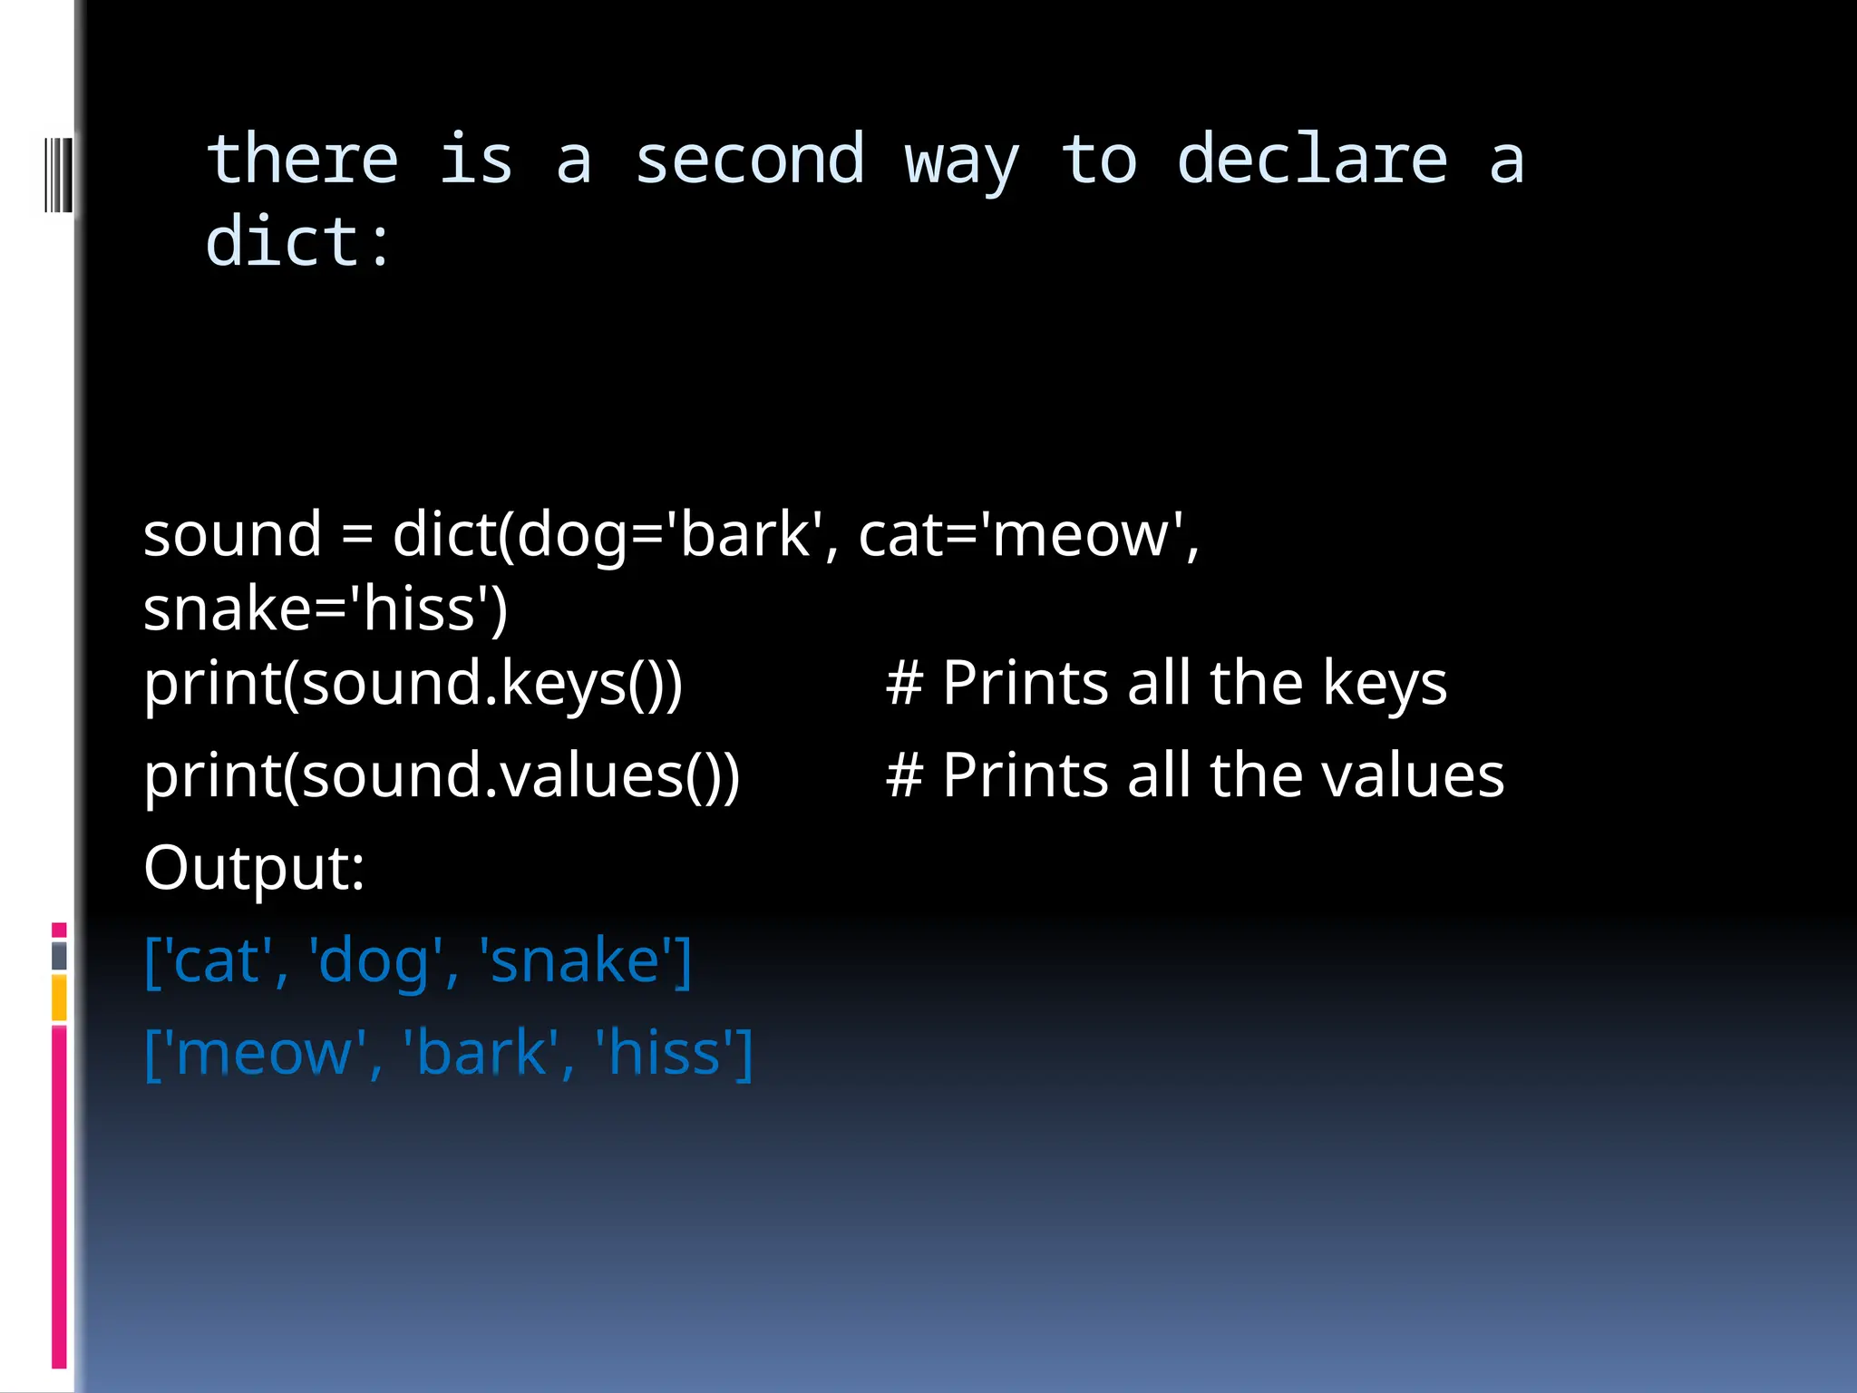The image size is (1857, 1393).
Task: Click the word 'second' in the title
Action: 749,161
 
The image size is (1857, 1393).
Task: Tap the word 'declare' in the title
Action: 1311,161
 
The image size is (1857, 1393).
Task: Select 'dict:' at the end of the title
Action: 298,243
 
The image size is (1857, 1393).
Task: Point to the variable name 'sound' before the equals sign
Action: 232,534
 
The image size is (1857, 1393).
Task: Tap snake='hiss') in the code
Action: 326,609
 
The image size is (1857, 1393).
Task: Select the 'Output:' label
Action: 254,868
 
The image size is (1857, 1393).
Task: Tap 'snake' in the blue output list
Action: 574,960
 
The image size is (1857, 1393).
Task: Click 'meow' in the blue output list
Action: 263,1053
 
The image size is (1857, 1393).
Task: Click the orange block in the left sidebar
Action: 59,998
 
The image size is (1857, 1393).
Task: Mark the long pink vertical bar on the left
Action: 59,1197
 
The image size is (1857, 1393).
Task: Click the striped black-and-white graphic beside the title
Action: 57,174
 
